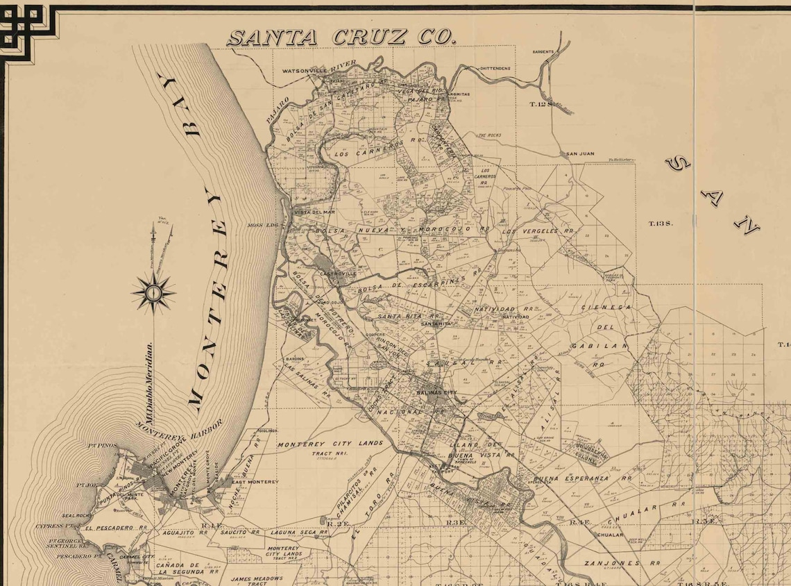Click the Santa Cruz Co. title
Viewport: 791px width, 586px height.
(341, 37)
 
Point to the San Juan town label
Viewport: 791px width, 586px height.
(580, 154)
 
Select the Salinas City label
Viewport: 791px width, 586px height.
(437, 393)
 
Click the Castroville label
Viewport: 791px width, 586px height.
(338, 274)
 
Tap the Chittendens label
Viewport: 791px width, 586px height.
(495, 69)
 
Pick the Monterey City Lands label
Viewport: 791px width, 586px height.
(330, 444)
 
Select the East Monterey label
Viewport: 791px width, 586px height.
(255, 481)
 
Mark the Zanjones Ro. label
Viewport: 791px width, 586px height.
(611, 563)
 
